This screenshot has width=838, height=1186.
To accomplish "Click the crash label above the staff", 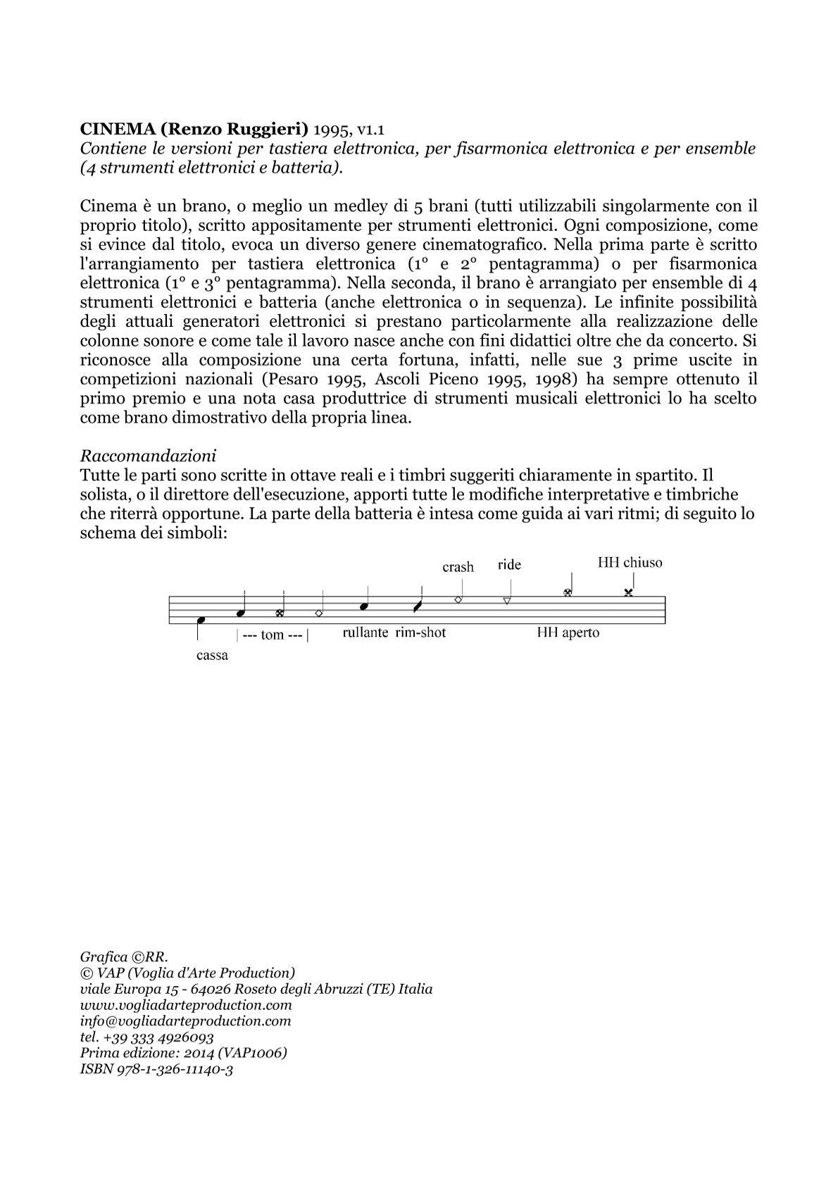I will pyautogui.click(x=458, y=567).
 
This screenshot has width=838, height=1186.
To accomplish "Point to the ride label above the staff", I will pyautogui.click(x=509, y=565).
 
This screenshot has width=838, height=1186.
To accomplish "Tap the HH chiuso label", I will pyautogui.click(x=630, y=563).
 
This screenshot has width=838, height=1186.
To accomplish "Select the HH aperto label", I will pyautogui.click(x=568, y=632).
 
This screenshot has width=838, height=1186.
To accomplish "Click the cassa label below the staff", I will pyautogui.click(x=212, y=656).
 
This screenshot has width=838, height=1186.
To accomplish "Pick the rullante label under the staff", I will pyautogui.click(x=365, y=632).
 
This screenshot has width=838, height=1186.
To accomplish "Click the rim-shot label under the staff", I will pyautogui.click(x=421, y=632).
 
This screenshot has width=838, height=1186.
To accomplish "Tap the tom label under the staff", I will pyautogui.click(x=273, y=635).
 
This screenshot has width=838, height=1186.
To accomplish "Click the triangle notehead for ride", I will pyautogui.click(x=507, y=601).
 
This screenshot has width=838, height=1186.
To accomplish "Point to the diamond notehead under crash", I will pyautogui.click(x=458, y=599).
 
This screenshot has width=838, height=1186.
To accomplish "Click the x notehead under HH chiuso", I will pyautogui.click(x=628, y=593).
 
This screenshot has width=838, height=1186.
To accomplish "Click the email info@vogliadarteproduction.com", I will pyautogui.click(x=185, y=1020).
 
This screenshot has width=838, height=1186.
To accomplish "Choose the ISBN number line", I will pyautogui.click(x=156, y=1069).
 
